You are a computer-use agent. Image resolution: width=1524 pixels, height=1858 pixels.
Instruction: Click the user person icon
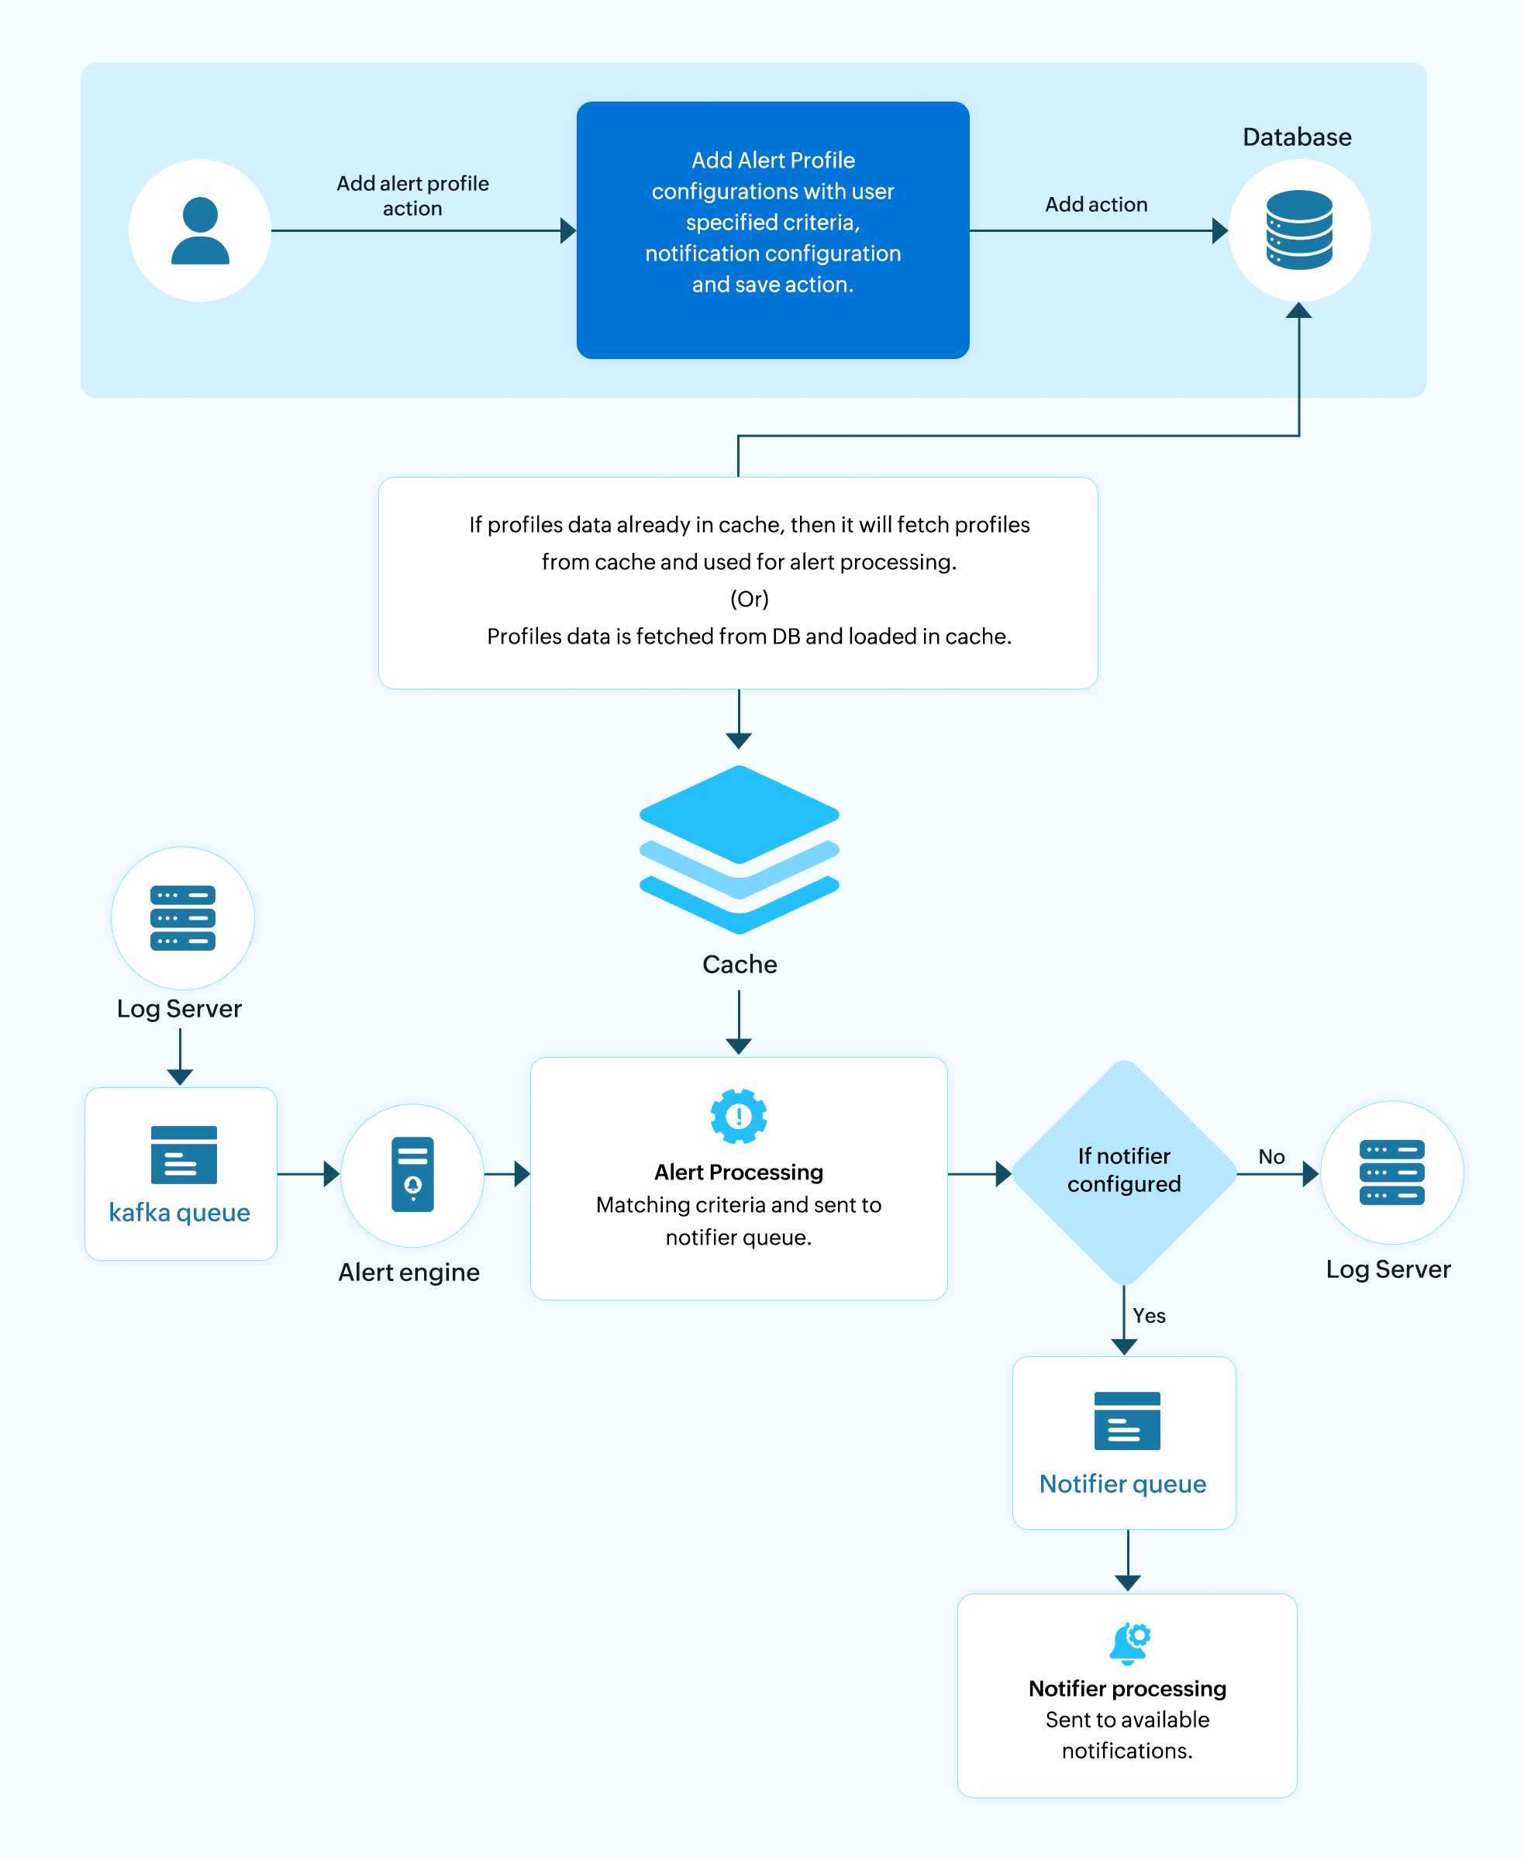coord(200,231)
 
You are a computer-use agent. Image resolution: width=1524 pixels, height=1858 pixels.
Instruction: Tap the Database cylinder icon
coord(1299,230)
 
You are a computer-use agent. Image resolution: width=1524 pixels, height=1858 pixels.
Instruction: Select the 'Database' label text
coord(1297,137)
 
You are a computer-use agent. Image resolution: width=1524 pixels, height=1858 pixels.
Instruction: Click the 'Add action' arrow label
coord(1095,205)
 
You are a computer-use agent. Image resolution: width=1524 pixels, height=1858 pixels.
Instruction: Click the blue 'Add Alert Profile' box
coord(773,230)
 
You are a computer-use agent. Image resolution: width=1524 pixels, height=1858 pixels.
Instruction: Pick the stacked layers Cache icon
coord(740,849)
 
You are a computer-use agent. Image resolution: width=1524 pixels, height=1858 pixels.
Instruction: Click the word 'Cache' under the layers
coord(740,964)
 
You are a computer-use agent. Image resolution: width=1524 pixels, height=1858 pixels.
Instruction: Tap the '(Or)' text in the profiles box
coord(749,599)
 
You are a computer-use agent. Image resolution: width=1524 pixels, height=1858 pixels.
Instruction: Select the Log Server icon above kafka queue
coord(183,918)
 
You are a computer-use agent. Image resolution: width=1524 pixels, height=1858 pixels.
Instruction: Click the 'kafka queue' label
coord(179,1213)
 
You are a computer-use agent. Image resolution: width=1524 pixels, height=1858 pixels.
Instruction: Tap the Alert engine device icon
coord(412,1174)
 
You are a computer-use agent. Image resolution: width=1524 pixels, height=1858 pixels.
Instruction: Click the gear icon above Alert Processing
coord(738,1116)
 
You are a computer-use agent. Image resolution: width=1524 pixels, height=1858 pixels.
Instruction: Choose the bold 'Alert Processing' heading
coord(738,1172)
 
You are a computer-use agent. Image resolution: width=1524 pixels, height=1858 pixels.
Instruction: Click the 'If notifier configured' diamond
coord(1124,1172)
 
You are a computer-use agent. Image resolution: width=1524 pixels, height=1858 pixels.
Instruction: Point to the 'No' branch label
coord(1271,1156)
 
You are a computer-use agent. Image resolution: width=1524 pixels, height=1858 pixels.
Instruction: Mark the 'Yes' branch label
coord(1148,1315)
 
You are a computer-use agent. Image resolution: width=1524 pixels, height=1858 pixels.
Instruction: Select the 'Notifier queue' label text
coord(1122,1484)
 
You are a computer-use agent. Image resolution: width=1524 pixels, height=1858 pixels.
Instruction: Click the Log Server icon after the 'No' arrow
coord(1391,1172)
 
